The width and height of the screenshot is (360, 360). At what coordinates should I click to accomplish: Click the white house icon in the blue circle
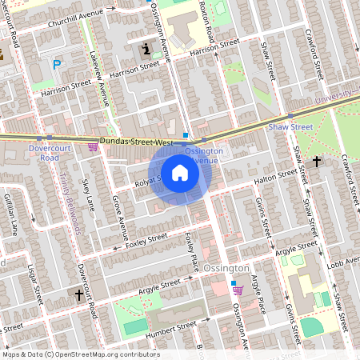click(x=179, y=172)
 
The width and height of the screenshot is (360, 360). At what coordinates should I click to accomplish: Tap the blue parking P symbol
click(x=57, y=65)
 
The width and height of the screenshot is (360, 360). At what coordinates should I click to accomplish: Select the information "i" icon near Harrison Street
click(x=146, y=50)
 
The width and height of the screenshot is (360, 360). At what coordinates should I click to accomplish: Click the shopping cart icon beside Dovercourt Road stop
click(x=93, y=147)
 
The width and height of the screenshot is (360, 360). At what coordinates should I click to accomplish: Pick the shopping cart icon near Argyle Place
click(x=235, y=285)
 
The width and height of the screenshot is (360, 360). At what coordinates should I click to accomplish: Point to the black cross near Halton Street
click(x=317, y=162)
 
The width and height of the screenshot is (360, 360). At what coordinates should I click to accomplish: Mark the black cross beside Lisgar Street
click(x=79, y=295)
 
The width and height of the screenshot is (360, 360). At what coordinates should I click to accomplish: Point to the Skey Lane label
click(x=87, y=196)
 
